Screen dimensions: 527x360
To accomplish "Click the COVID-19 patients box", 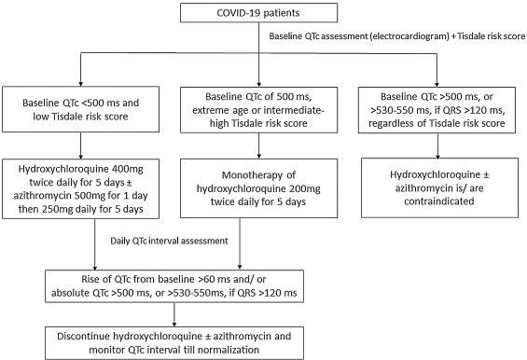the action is pyautogui.click(x=258, y=13).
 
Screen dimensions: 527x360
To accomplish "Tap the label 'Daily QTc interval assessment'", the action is pyautogui.click(x=169, y=241).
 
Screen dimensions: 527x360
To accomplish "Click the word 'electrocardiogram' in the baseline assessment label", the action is pyautogui.click(x=409, y=36).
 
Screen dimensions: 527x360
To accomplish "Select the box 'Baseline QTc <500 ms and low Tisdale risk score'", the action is pyautogui.click(x=80, y=109).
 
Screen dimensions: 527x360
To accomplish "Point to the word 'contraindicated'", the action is pyautogui.click(x=439, y=201).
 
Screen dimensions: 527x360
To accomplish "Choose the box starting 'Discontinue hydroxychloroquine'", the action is pyautogui.click(x=174, y=343).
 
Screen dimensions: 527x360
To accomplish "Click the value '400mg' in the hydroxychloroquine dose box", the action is pyautogui.click(x=129, y=169).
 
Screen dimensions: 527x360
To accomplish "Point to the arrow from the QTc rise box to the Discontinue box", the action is pyautogui.click(x=174, y=314).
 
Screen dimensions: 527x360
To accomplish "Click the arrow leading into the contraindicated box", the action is pyautogui.click(x=437, y=145).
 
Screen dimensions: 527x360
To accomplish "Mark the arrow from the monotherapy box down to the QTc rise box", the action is pyautogui.click(x=240, y=243).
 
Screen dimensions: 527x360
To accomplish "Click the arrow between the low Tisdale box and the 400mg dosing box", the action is pyautogui.click(x=80, y=145).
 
